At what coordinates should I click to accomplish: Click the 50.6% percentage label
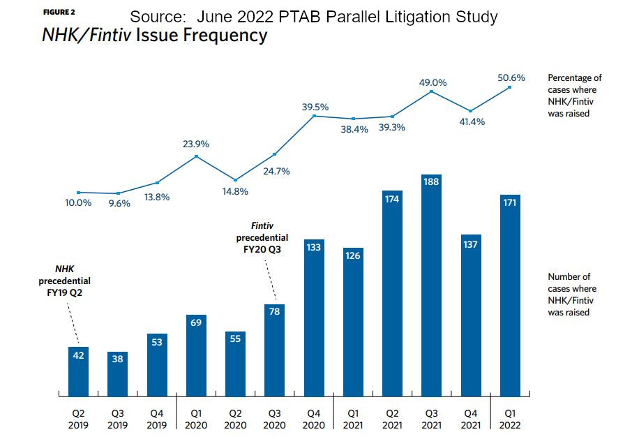511,77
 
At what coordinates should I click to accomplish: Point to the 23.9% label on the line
196,144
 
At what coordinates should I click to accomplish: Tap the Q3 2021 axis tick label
431,417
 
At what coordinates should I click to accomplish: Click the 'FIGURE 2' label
59,13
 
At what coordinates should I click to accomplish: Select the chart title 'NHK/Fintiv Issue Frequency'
154,36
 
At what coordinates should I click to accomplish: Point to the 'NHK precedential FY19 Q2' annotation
64,280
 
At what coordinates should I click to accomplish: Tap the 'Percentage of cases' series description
574,96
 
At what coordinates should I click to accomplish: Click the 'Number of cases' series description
572,295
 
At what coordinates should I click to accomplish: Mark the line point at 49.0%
431,91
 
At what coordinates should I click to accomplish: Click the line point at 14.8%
235,180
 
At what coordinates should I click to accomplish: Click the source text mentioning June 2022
314,16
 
